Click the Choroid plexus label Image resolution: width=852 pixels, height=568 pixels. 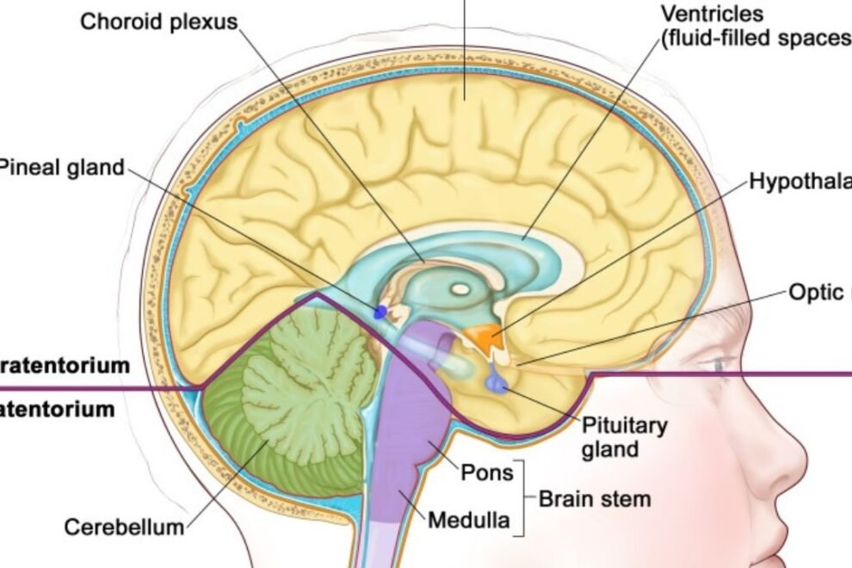tap(158, 22)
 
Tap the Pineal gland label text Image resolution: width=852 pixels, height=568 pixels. tap(62, 167)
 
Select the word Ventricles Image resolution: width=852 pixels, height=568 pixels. tap(713, 14)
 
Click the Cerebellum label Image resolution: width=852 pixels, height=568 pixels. tap(124, 527)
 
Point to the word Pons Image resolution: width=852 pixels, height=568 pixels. tap(486, 472)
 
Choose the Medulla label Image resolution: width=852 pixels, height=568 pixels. tap(468, 520)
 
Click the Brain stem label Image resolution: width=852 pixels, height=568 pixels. tap(595, 498)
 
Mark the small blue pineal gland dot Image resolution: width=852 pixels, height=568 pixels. tap(380, 311)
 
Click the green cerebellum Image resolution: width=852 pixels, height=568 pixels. tap(293, 396)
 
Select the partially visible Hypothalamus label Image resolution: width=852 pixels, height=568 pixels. tap(800, 182)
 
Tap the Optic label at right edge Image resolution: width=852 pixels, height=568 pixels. tap(818, 293)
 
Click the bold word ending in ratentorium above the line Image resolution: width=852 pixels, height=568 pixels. tap(65, 365)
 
